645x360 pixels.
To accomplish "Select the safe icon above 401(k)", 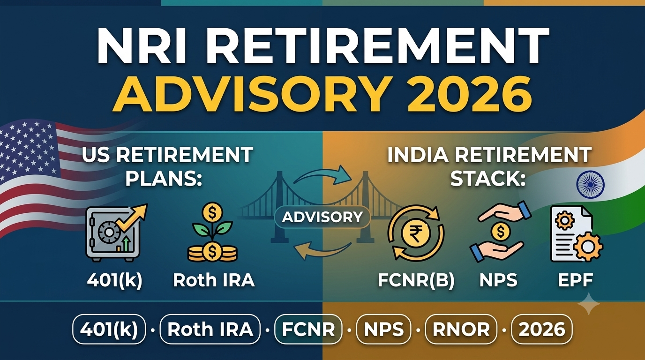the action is pyautogui.click(x=116, y=232).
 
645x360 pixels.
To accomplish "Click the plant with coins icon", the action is pyautogui.click(x=213, y=232).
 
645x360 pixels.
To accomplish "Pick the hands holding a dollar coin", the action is pyautogui.click(x=500, y=232).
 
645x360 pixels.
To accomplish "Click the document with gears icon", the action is pyautogui.click(x=577, y=233).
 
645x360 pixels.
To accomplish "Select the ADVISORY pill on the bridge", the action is pyautogui.click(x=322, y=217).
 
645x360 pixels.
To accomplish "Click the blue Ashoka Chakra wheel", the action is pyautogui.click(x=590, y=184).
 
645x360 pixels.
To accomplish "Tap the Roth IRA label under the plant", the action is pyautogui.click(x=214, y=280).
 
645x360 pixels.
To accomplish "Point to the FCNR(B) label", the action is pyautogui.click(x=416, y=280).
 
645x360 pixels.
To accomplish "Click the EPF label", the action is pyautogui.click(x=575, y=280).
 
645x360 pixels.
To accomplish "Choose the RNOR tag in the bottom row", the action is pyautogui.click(x=461, y=329).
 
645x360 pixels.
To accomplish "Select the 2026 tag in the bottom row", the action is pyautogui.click(x=541, y=329).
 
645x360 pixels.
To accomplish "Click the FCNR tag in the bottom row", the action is pyautogui.click(x=308, y=329).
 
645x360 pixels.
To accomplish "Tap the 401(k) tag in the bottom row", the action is pyautogui.click(x=109, y=329).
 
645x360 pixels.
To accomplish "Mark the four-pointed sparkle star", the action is pyautogui.click(x=589, y=304).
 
